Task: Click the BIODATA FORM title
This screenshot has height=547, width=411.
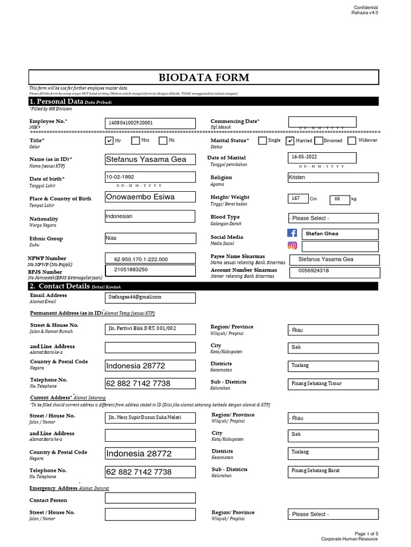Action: [x=203, y=77]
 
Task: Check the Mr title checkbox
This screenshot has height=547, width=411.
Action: [x=110, y=140]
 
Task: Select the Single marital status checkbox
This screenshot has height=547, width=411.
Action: [x=262, y=141]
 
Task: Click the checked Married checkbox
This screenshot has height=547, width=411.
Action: [x=290, y=141]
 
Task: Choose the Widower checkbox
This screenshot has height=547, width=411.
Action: [x=352, y=141]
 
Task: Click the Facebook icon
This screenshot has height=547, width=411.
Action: [x=292, y=233]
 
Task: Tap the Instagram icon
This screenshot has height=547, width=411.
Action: [x=292, y=246]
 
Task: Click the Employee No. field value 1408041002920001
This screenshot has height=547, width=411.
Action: [x=150, y=123]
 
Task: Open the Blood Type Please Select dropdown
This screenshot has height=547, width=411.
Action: [x=333, y=218]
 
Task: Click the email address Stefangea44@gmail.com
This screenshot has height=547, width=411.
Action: [x=150, y=297]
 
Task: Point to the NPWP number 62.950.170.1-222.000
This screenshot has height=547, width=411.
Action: [x=150, y=259]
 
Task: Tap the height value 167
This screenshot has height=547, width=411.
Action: [x=296, y=199]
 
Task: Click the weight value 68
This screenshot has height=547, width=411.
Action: [x=338, y=199]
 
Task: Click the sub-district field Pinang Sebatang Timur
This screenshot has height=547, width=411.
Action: [x=333, y=384]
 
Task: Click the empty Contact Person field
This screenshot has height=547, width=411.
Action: [x=150, y=498]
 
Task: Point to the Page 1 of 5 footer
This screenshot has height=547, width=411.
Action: [x=366, y=534]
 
